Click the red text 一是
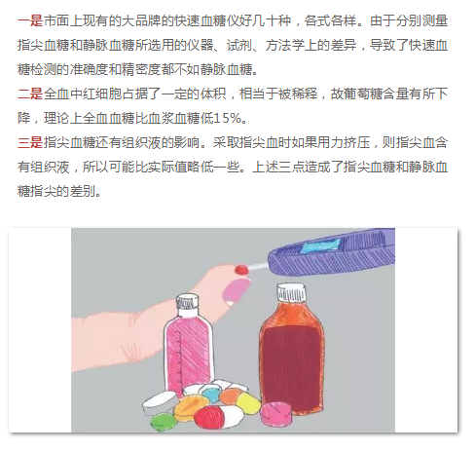click(x=30, y=21)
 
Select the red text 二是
click(x=30, y=94)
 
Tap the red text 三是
click(x=30, y=143)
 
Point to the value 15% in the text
click(x=228, y=119)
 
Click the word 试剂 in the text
click(x=239, y=46)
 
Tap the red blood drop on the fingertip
click(x=241, y=269)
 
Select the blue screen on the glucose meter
click(x=320, y=245)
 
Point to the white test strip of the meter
click(x=258, y=267)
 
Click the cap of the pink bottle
click(x=187, y=301)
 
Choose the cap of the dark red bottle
click(x=291, y=292)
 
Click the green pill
click(x=164, y=421)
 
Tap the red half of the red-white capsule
click(x=208, y=417)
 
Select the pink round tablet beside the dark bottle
click(x=275, y=413)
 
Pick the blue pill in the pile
click(x=211, y=395)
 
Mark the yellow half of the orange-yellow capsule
click(x=248, y=402)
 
